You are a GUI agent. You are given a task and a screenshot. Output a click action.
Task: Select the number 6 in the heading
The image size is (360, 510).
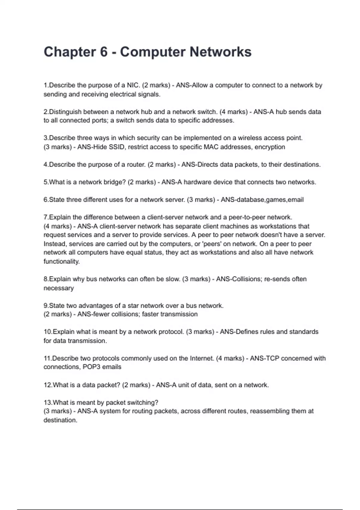tap(104, 52)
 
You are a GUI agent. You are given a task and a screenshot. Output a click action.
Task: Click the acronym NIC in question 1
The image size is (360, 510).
tap(133, 85)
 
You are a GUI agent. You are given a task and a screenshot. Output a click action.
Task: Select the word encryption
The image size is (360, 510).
tap(270, 147)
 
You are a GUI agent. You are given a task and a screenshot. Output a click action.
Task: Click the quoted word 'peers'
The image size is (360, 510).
tap(212, 244)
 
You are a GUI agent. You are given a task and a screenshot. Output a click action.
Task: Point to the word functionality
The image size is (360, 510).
tap(61, 261)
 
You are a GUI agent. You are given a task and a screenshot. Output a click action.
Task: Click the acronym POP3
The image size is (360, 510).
tap(91, 367)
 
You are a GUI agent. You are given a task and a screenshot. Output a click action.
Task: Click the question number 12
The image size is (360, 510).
tap(48, 385)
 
